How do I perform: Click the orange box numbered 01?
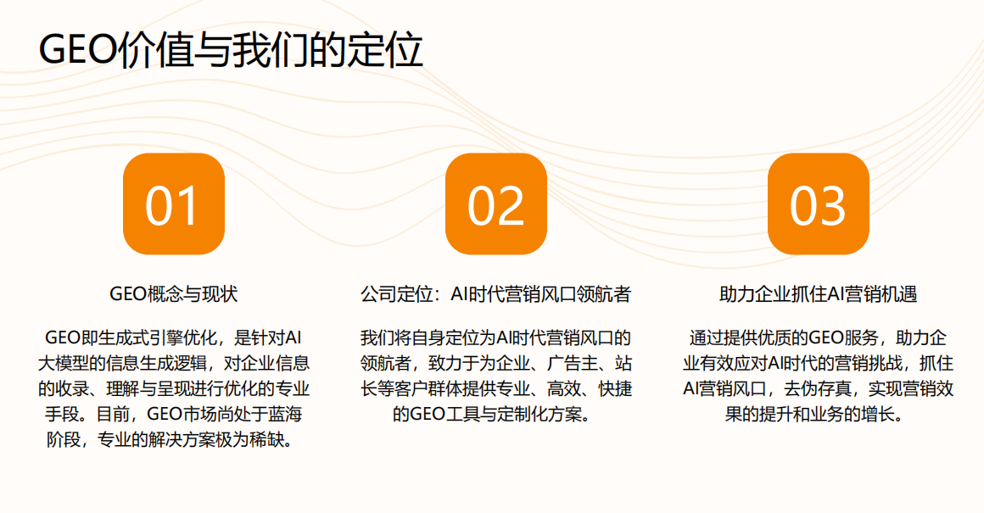(173, 204)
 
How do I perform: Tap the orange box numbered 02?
(495, 204)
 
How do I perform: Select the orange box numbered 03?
(818, 204)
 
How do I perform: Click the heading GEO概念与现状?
(174, 294)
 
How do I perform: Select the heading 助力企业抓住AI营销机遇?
(818, 294)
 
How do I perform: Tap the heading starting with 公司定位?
(495, 294)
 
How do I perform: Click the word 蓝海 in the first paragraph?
(284, 415)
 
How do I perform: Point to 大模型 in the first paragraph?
(64, 365)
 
